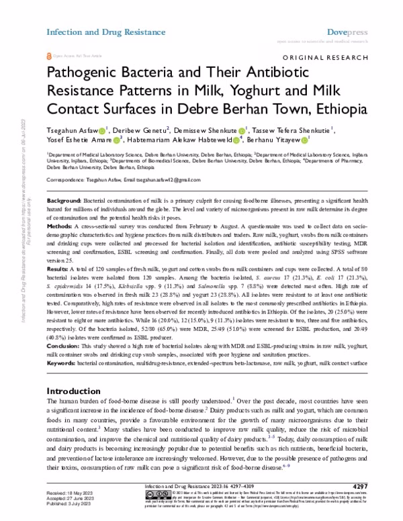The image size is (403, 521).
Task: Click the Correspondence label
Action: tap(67, 180)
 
